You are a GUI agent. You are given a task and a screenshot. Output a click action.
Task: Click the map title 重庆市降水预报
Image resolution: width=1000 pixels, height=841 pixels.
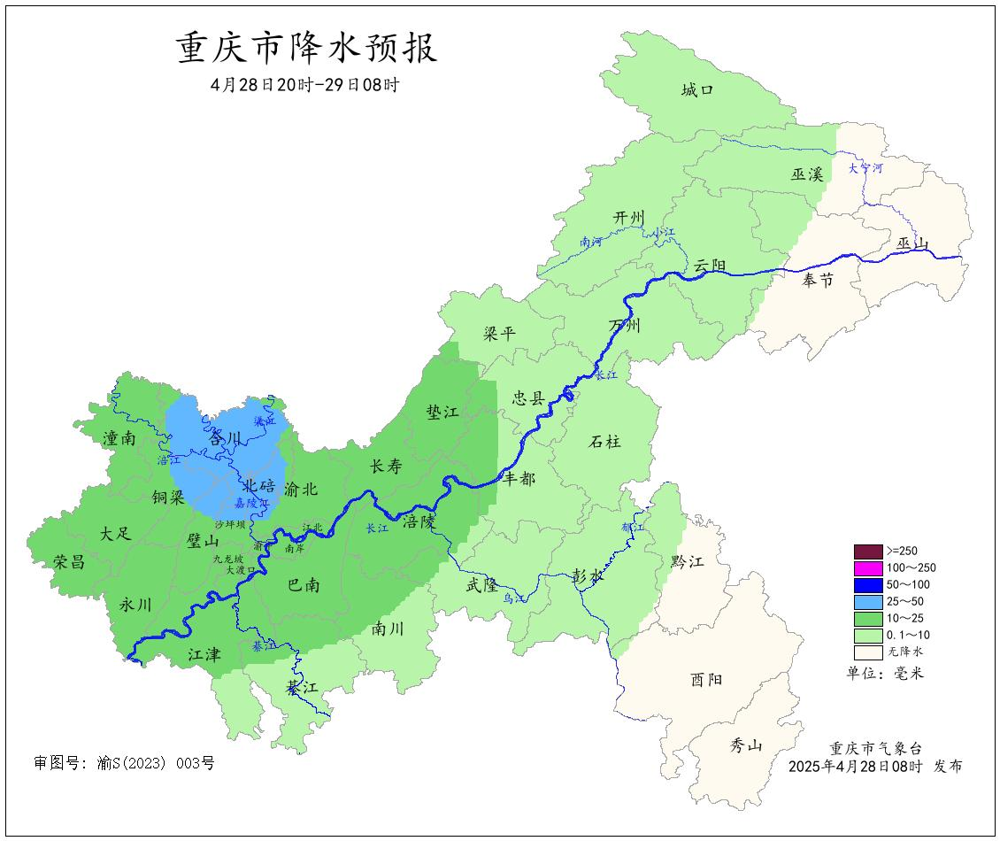307,49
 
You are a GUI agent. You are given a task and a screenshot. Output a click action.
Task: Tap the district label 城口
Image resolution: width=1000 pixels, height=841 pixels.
696,89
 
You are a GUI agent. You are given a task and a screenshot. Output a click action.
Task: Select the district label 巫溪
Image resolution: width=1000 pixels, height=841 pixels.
806,174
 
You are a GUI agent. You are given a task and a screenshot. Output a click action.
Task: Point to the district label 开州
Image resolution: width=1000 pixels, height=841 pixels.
629,218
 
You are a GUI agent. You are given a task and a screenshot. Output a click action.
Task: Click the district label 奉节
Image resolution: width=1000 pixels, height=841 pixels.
818,281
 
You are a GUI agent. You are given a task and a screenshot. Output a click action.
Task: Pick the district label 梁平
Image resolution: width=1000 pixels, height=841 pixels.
499,334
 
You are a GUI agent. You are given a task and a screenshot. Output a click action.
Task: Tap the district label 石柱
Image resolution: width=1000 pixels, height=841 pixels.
604,441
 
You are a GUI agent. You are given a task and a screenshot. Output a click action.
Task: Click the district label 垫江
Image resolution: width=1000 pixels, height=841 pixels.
442,413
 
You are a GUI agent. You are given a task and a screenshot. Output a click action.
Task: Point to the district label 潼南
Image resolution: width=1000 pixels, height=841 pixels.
119,437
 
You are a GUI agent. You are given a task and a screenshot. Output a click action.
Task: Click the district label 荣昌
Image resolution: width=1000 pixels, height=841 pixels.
70,561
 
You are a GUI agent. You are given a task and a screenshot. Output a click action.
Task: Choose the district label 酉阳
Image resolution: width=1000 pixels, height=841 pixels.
705,680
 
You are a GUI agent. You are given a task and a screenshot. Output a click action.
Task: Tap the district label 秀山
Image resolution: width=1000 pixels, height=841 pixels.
745,745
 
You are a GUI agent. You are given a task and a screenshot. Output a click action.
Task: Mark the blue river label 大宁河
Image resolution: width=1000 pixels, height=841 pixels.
865,167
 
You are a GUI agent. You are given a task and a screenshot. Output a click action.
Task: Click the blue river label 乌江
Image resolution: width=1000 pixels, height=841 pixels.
515,599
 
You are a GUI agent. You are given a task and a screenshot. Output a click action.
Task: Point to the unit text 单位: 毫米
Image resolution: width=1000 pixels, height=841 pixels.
886,674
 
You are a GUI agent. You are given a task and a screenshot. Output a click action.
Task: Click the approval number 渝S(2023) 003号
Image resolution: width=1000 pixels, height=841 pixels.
124,762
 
